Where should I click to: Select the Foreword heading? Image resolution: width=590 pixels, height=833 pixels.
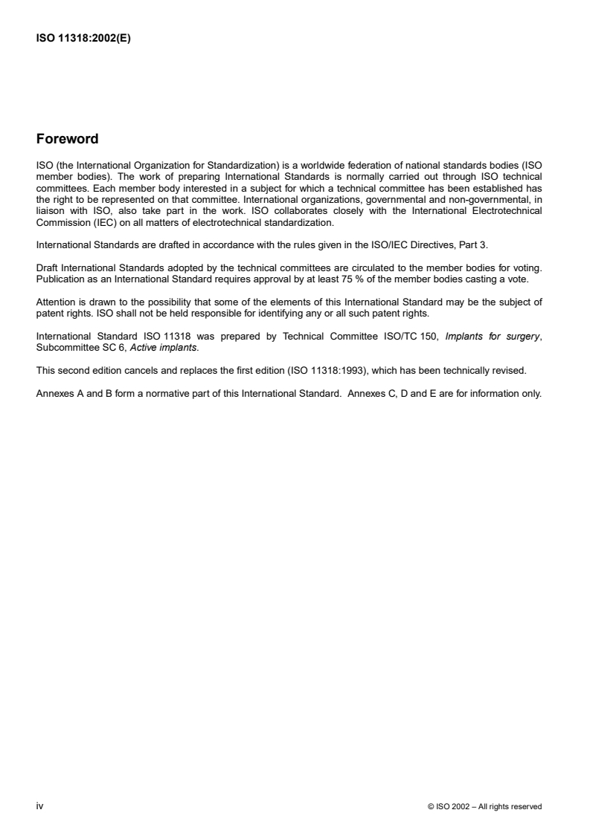67,139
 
